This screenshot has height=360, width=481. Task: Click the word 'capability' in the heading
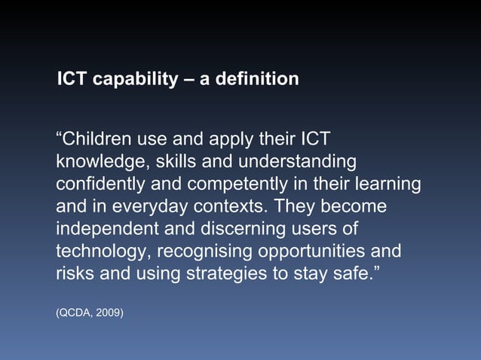pos(133,78)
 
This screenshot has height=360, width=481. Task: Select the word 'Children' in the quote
pos(93,139)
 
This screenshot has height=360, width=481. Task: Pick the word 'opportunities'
pos(311,251)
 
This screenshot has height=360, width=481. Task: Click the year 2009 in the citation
pos(109,310)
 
